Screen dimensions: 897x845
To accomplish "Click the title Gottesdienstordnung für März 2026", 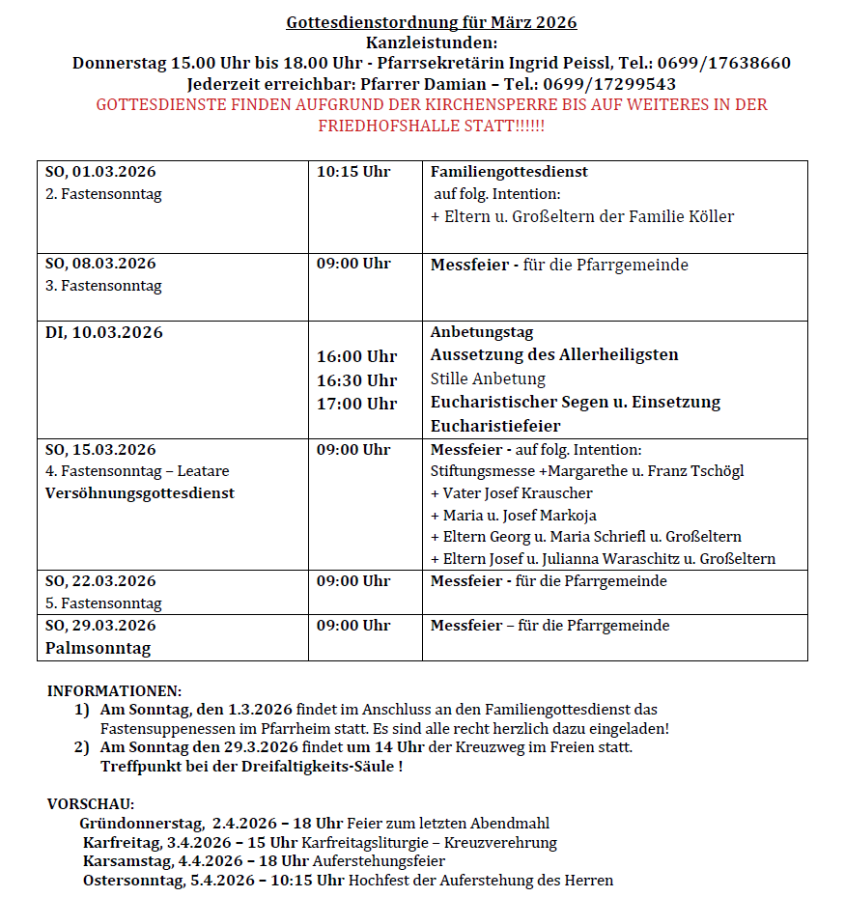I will coord(432,22).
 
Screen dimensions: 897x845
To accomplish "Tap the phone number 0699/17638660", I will coord(724,64).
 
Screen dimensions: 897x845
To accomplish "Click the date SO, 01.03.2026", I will coord(100,172).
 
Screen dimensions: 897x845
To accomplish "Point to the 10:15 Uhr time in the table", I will coord(353,172).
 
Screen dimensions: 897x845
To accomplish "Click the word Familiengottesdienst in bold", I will coord(509,172).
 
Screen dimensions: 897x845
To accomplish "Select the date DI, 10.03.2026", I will coord(104,333).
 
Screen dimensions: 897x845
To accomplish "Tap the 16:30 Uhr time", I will coord(356,380).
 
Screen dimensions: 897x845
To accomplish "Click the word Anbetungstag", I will coord(482,333).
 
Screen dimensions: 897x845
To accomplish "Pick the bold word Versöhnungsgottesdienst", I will coord(140,493).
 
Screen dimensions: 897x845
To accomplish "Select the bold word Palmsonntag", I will coord(98,648).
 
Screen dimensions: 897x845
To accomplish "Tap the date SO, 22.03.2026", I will coord(100,581).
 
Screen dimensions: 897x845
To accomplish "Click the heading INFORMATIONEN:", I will coord(114,691).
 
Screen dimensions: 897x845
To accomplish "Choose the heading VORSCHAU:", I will coord(91,803).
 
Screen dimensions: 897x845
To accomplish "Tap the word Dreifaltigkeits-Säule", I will coord(316,767).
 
